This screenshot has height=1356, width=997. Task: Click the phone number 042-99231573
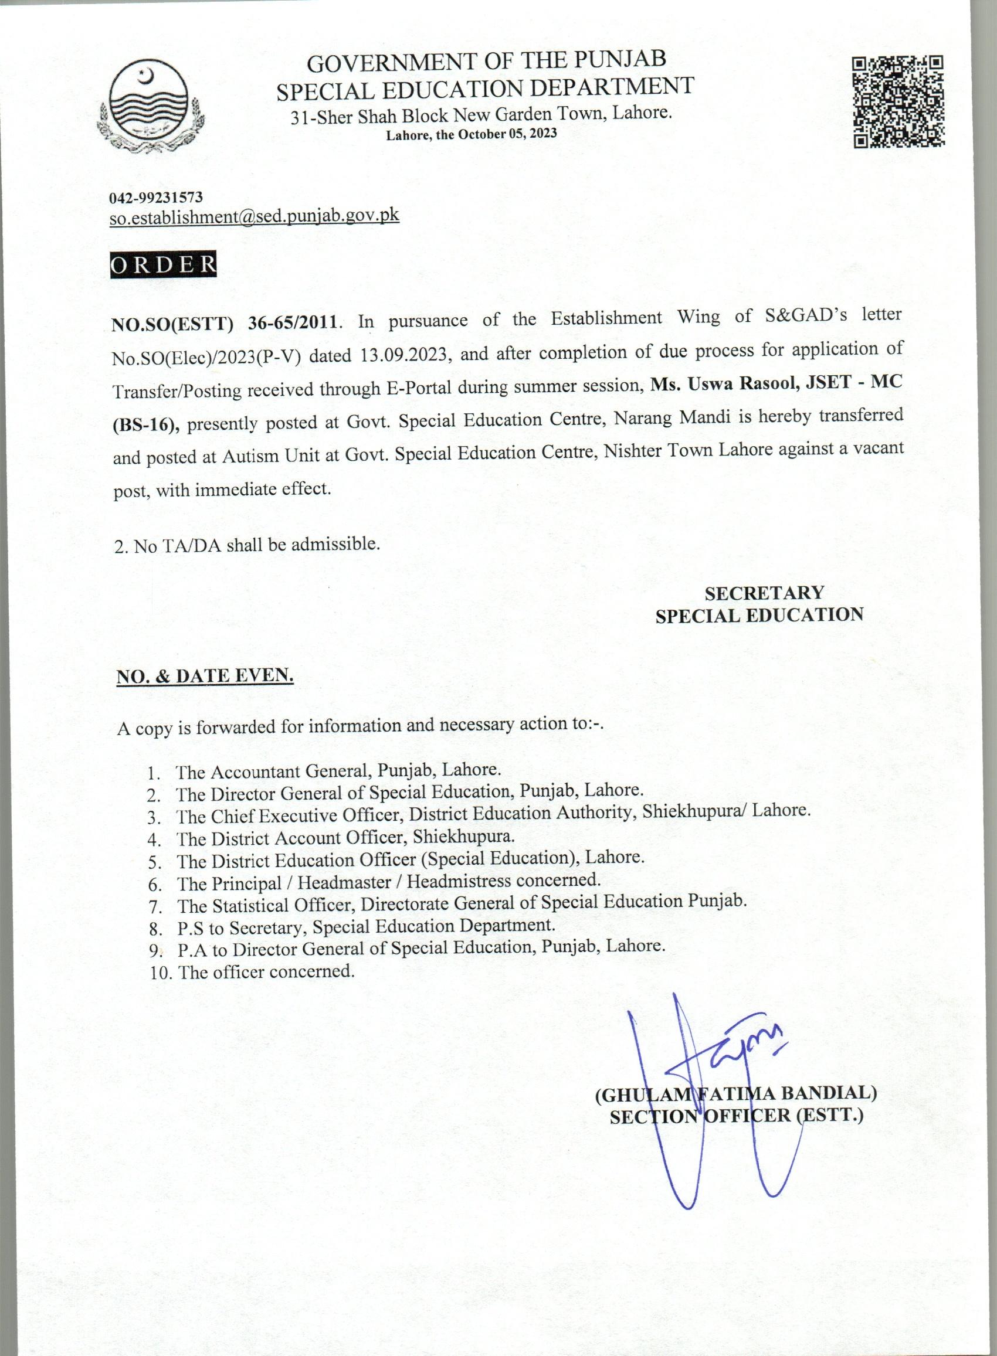tap(155, 197)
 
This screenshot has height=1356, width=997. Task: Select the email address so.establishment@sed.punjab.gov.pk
tap(254, 216)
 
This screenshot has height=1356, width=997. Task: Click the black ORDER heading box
tap(163, 265)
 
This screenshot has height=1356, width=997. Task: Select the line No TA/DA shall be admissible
tap(247, 545)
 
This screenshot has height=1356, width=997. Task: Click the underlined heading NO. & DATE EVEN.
tap(205, 675)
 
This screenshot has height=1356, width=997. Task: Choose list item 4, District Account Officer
tap(345, 837)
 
